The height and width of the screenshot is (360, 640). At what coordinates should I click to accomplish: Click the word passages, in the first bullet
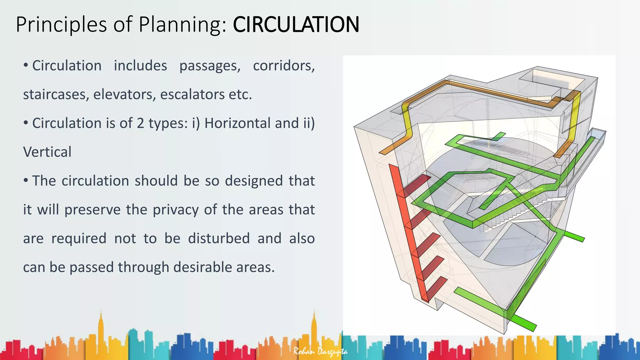[x=210, y=66]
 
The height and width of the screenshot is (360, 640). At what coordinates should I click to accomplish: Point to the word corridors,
[x=284, y=66]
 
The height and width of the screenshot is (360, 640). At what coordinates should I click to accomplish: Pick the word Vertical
[x=47, y=152]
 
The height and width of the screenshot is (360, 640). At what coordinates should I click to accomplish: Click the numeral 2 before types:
[x=141, y=123]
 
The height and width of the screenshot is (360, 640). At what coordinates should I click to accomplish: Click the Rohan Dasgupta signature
[x=320, y=352]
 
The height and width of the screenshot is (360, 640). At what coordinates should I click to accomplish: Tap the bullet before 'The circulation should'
[x=26, y=180]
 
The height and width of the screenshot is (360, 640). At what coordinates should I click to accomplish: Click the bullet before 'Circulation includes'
[x=26, y=65]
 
